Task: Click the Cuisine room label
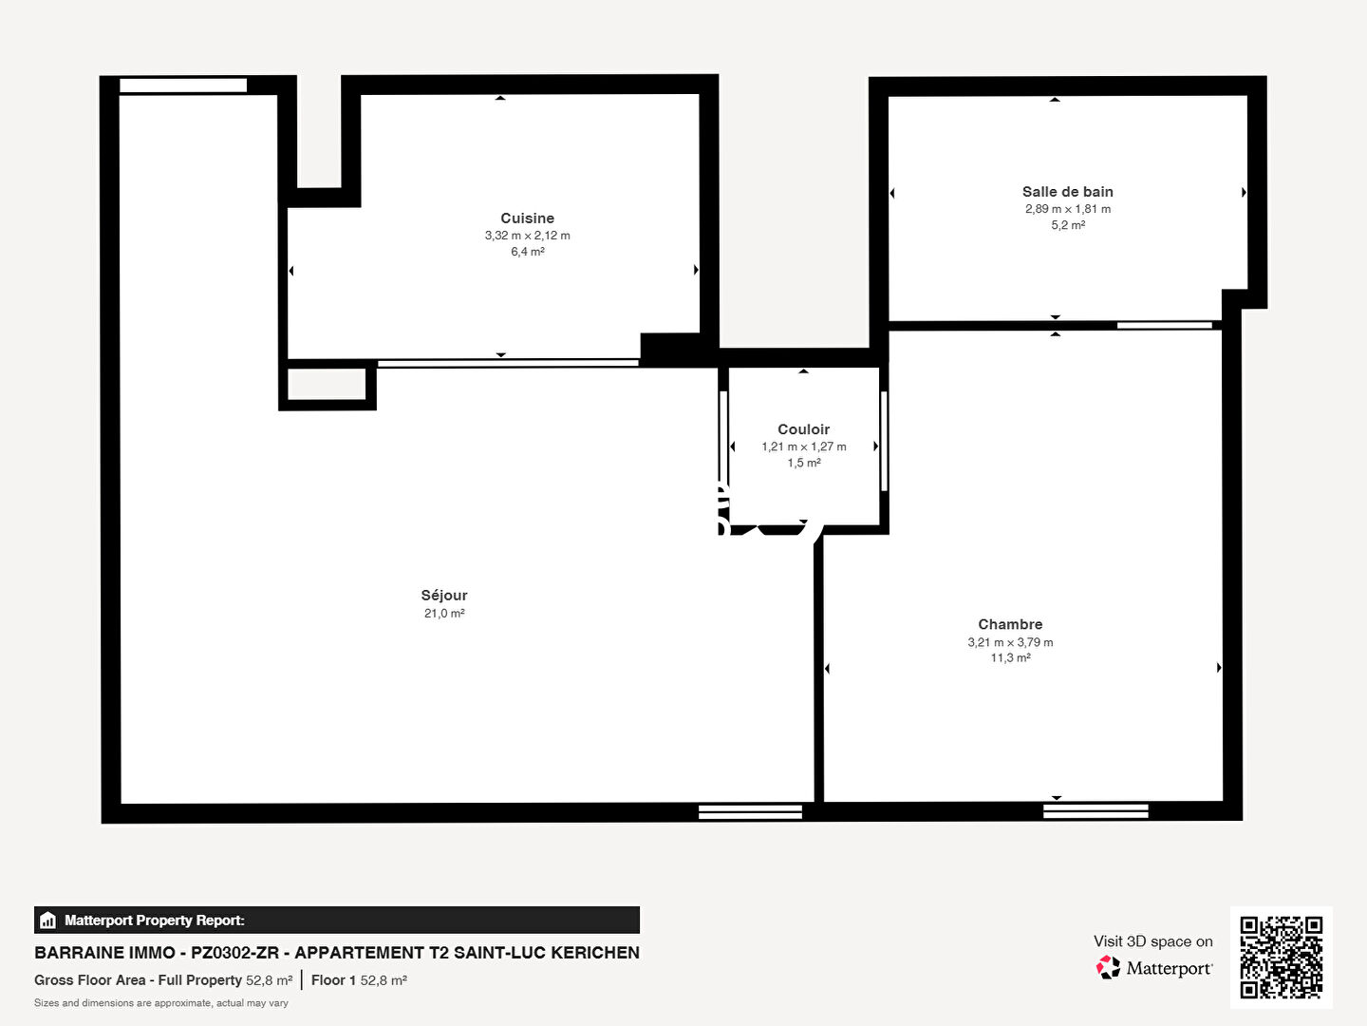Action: pyautogui.click(x=527, y=218)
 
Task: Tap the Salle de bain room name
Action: pyautogui.click(x=1067, y=192)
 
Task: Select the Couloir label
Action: pyautogui.click(x=803, y=429)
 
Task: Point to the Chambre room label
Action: pyautogui.click(x=1010, y=624)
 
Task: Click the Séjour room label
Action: pyautogui.click(x=444, y=596)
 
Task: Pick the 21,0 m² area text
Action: pyautogui.click(x=444, y=614)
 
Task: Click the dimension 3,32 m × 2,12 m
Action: pyautogui.click(x=528, y=236)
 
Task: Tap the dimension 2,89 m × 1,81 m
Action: pyautogui.click(x=1068, y=209)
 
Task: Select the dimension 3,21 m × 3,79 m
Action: pyautogui.click(x=1010, y=642)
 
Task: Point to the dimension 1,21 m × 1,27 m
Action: pyautogui.click(x=804, y=446)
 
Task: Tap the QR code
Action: pyautogui.click(x=1281, y=957)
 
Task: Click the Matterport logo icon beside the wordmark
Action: pyautogui.click(x=1108, y=967)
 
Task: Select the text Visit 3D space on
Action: pyautogui.click(x=1152, y=941)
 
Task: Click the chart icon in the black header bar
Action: pyautogui.click(x=48, y=921)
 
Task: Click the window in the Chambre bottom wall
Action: pyautogui.click(x=1095, y=811)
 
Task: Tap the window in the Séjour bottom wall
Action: pyautogui.click(x=750, y=811)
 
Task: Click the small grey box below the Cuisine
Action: pyautogui.click(x=327, y=384)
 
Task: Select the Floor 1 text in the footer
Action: pyautogui.click(x=333, y=979)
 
